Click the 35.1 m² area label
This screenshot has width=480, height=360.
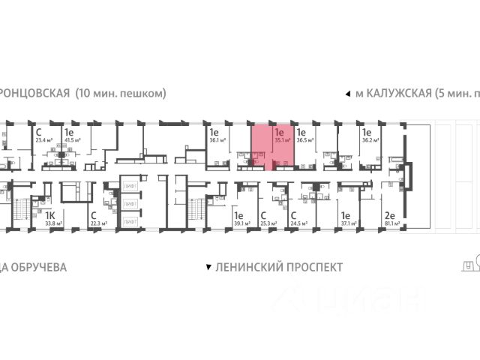283,139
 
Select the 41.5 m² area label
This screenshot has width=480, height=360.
73,139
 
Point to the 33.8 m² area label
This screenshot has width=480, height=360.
53,223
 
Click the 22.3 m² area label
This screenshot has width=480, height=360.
98,223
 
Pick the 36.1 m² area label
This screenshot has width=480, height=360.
217,139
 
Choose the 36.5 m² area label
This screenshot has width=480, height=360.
305,139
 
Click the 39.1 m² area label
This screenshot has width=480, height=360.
241,223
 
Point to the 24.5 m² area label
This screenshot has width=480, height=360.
300,223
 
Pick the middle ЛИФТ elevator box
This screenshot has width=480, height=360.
129,203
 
